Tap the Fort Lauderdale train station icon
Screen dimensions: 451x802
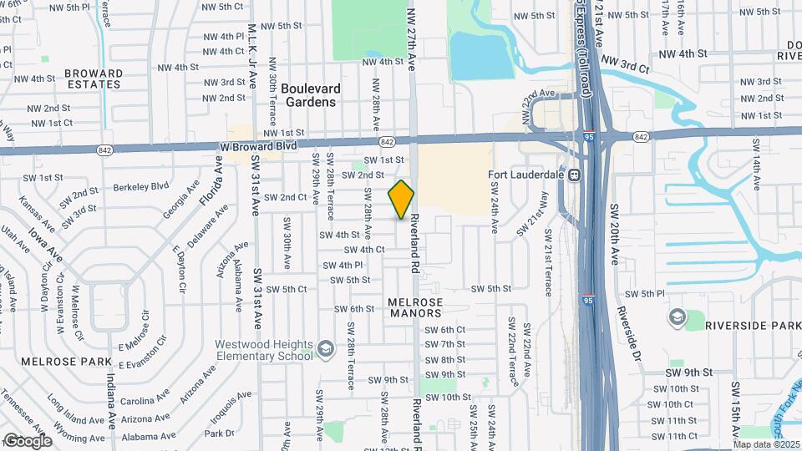click(x=575, y=176)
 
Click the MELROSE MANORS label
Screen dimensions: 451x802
click(x=415, y=307)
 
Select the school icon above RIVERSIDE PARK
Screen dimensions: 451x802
click(x=676, y=318)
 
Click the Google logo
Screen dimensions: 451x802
click(x=28, y=440)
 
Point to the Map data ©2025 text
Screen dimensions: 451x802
click(x=766, y=444)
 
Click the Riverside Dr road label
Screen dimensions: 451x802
click(x=628, y=328)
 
